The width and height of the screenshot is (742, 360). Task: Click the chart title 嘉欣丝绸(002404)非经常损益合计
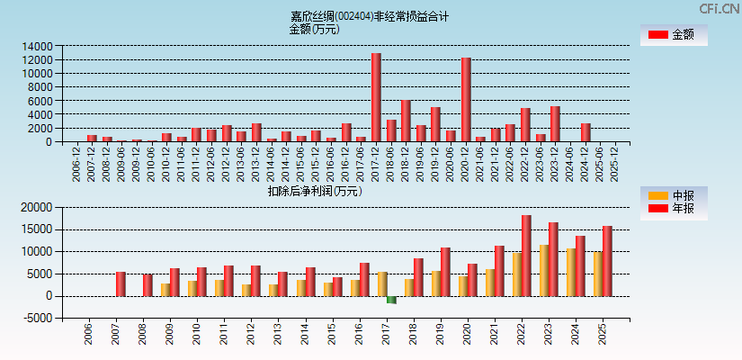click(x=370, y=16)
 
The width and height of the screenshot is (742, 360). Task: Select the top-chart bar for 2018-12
click(x=406, y=121)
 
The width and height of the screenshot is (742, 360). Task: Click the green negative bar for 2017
click(x=391, y=300)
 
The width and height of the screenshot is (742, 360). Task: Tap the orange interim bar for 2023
click(x=543, y=270)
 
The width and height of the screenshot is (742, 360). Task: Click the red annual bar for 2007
click(x=121, y=283)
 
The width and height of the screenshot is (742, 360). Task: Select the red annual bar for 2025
click(x=607, y=261)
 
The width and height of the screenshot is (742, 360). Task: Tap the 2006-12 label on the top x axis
click(x=76, y=165)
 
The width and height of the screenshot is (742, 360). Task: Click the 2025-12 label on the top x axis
click(x=615, y=165)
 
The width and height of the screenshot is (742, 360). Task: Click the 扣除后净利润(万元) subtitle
click(x=314, y=191)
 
